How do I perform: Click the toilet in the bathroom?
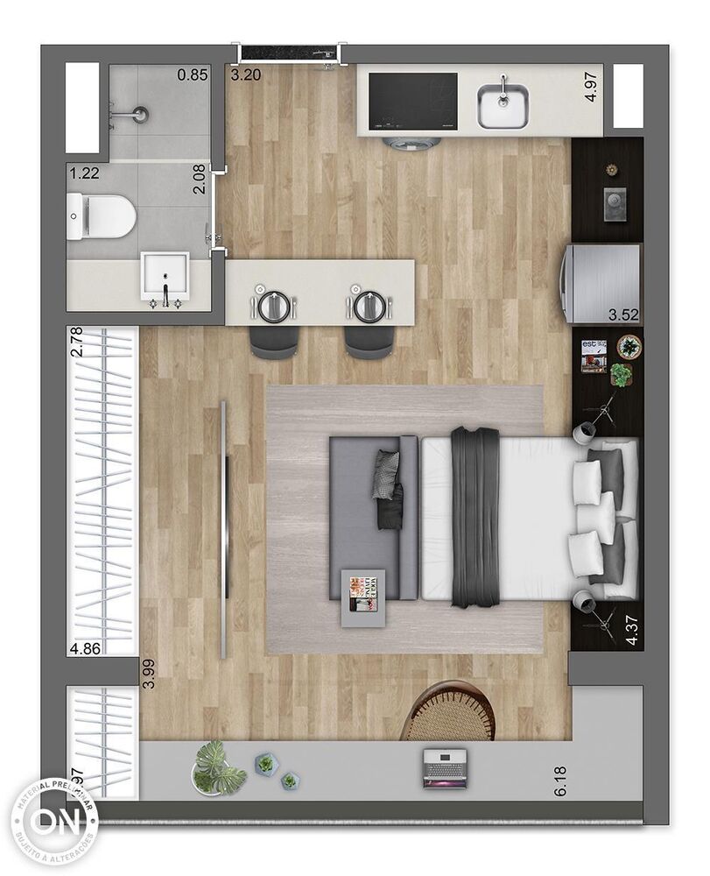click(x=102, y=215)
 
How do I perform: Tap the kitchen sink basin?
click(x=503, y=107)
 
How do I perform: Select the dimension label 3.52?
click(x=624, y=314)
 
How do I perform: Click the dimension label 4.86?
click(x=85, y=649)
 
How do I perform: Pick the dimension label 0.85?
click(x=192, y=75)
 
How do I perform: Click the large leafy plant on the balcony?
click(x=217, y=766)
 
